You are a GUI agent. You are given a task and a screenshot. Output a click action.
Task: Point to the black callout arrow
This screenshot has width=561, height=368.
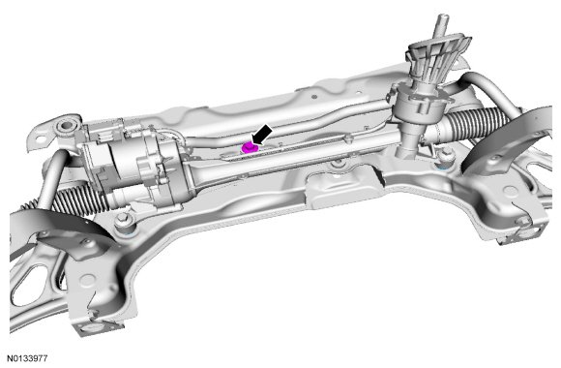(x=261, y=135)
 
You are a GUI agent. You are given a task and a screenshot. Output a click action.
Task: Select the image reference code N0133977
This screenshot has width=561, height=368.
(x=27, y=358)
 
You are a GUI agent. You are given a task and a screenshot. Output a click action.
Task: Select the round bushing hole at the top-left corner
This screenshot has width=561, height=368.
(x=66, y=126)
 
